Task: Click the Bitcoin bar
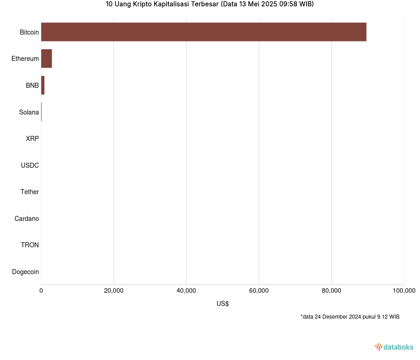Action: click(203, 32)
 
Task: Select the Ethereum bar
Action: click(46, 59)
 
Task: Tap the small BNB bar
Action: click(43, 85)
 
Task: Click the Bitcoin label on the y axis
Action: click(29, 32)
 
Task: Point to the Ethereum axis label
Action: click(25, 59)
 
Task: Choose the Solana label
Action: click(29, 112)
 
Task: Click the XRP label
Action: click(32, 139)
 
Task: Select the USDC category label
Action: click(30, 165)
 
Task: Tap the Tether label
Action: click(30, 192)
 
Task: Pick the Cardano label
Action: click(26, 219)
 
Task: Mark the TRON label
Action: click(30, 245)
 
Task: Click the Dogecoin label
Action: click(25, 272)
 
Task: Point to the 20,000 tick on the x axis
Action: click(114, 291)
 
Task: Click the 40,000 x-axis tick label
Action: click(186, 291)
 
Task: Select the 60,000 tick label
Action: click(259, 291)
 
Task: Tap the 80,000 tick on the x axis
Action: click(331, 291)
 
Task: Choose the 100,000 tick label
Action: click(404, 291)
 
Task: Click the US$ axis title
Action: click(222, 304)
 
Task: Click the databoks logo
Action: click(394, 347)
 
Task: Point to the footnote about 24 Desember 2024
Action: click(350, 316)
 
